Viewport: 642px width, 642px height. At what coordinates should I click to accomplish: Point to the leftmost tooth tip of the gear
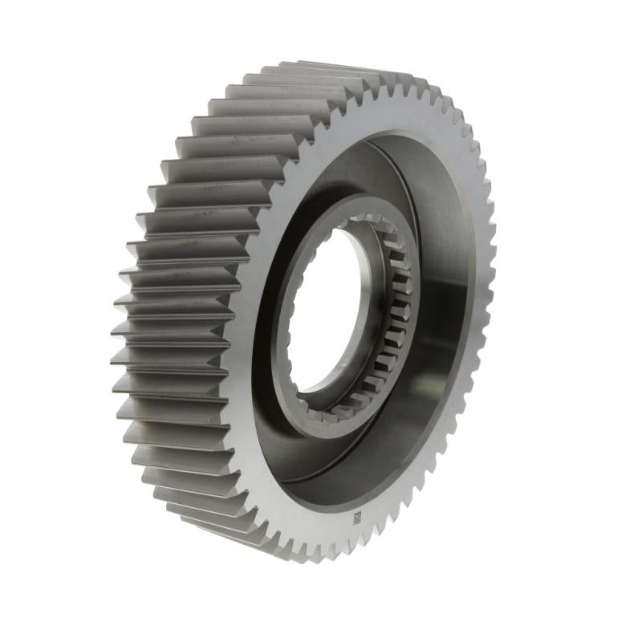coord(115,330)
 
